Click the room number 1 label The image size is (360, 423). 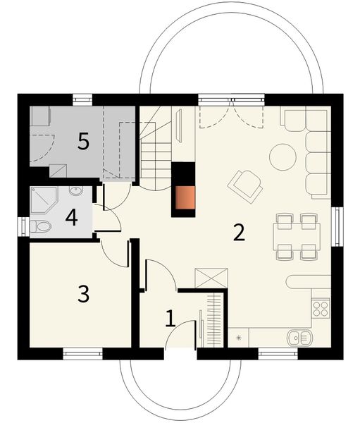coord(170,319)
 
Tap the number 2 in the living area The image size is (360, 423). coord(240,232)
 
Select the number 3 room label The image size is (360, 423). coord(84,293)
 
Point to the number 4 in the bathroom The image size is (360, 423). coord(70,216)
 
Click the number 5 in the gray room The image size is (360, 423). coord(83,142)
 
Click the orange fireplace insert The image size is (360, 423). coord(185,200)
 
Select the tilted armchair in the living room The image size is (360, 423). coord(245,185)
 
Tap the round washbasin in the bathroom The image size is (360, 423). coord(75,190)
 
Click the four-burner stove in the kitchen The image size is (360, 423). coord(321,308)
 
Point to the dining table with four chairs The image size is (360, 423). coord(297,235)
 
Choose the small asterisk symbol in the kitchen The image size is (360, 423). coord(240,338)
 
